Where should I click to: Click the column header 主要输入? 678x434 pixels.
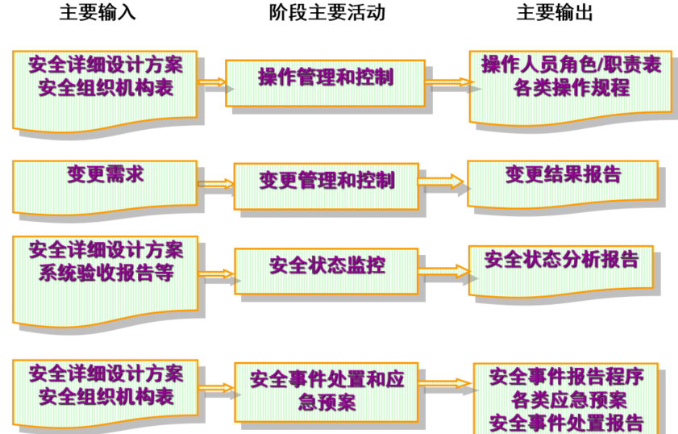[98, 13]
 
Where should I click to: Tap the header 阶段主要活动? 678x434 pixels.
[327, 13]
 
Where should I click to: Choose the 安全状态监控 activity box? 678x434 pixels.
[327, 265]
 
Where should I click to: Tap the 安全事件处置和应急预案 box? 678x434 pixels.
[327, 390]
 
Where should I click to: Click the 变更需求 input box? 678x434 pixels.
[105, 174]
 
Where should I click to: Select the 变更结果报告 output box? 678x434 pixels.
[562, 175]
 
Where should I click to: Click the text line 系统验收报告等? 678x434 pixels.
[106, 271]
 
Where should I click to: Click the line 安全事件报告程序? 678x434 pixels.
[565, 376]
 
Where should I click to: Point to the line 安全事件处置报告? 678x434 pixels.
[565, 421]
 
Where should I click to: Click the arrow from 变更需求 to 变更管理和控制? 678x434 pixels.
[215, 184]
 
